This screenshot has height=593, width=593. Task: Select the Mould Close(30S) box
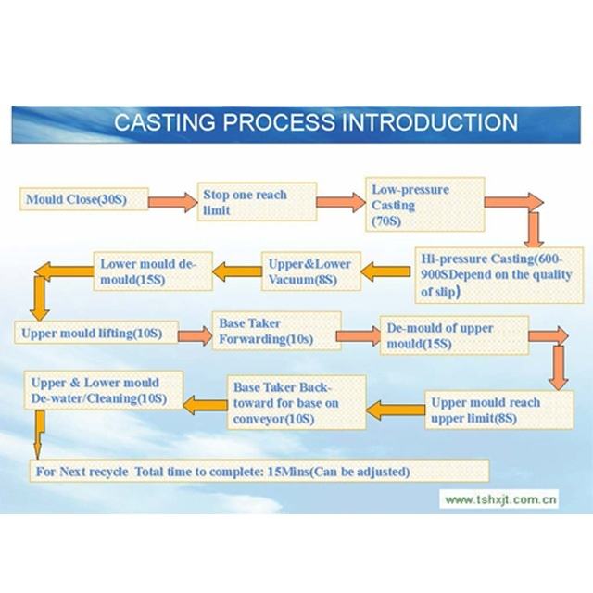pos(84,199)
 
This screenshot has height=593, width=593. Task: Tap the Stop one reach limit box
pos(257,202)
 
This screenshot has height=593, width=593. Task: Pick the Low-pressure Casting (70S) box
pos(424,204)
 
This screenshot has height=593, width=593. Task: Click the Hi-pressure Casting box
pos(498,275)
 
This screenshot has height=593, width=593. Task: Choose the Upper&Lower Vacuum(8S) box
pos(311,271)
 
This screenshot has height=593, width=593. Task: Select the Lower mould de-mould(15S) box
pos(153,271)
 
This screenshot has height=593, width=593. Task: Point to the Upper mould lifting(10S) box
pos(96,333)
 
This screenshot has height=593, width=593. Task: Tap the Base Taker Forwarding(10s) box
pos(276,331)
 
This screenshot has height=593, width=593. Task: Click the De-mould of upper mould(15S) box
pos(454,335)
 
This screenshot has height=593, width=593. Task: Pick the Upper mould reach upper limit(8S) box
pos(498,410)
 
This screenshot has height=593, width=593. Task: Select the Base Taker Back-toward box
pos(296,402)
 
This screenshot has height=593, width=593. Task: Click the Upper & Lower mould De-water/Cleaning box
pos(104,390)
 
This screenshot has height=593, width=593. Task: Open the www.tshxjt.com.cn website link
pos(500,499)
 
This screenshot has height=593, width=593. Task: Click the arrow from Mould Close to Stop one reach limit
pos(173,202)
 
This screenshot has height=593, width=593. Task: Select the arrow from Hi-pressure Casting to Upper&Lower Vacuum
pos(385,271)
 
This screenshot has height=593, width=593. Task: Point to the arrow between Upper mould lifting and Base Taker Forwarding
pos(196,335)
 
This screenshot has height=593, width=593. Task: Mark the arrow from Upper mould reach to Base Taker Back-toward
pos(396,410)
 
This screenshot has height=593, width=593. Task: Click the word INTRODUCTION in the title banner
pos(430,122)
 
